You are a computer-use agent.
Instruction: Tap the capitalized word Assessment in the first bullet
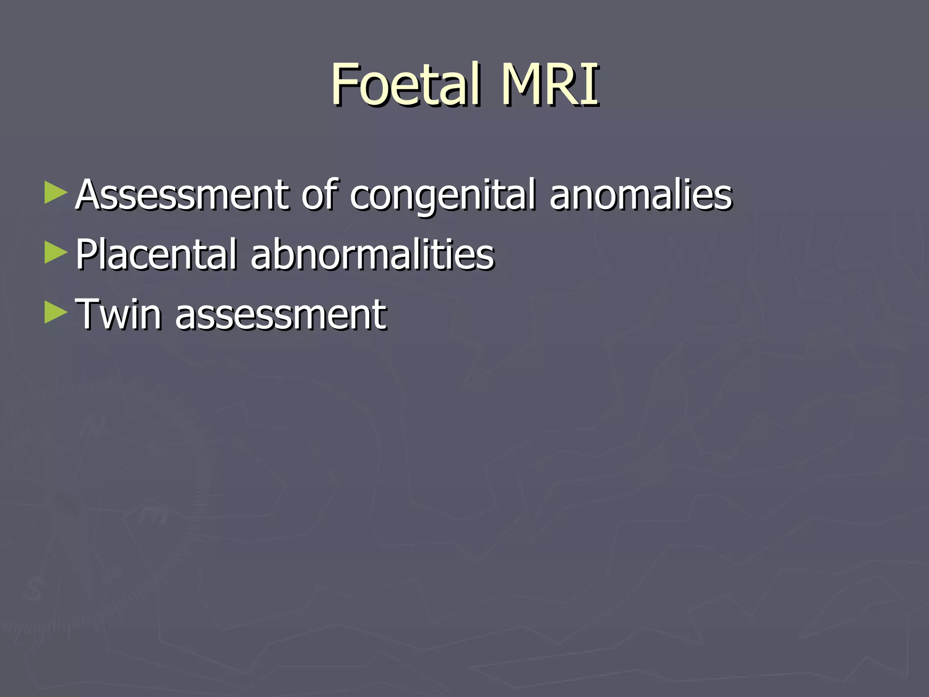point(181,195)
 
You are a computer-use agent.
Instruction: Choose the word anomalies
point(641,195)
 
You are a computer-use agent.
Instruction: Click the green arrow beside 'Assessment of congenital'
point(56,193)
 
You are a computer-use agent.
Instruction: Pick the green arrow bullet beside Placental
point(56,253)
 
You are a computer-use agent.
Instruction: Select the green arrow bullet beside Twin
point(56,313)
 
